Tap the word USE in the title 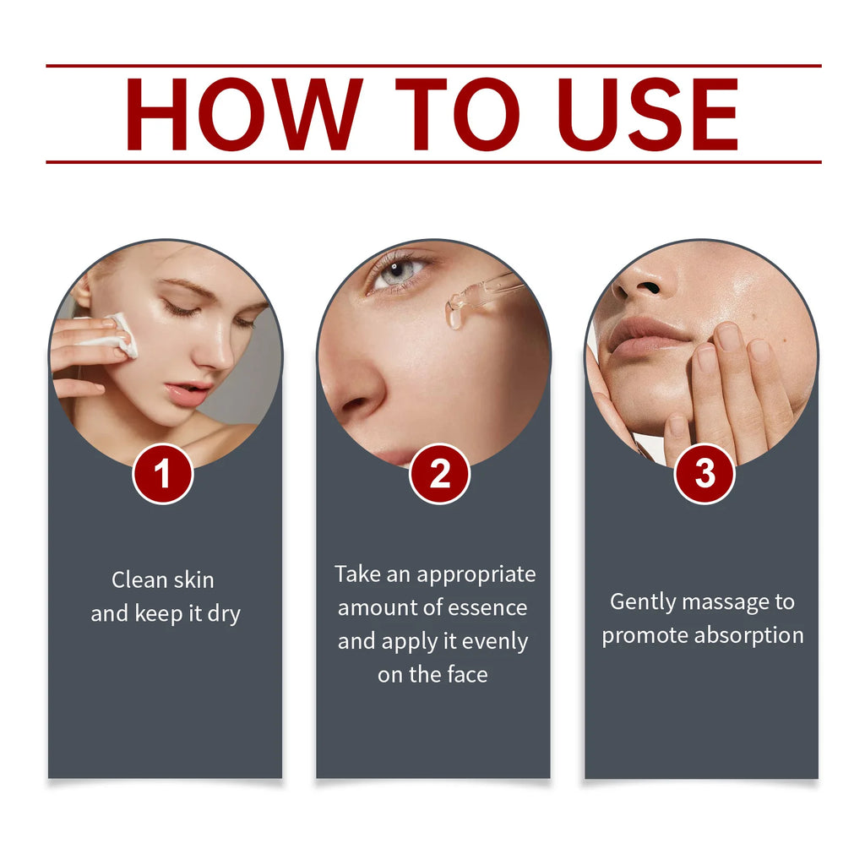point(648,114)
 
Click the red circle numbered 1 point(163,474)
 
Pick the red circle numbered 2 point(439,474)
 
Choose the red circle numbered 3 point(705,474)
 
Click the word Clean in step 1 point(139,580)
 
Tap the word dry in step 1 point(224,613)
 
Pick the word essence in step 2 point(485,608)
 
